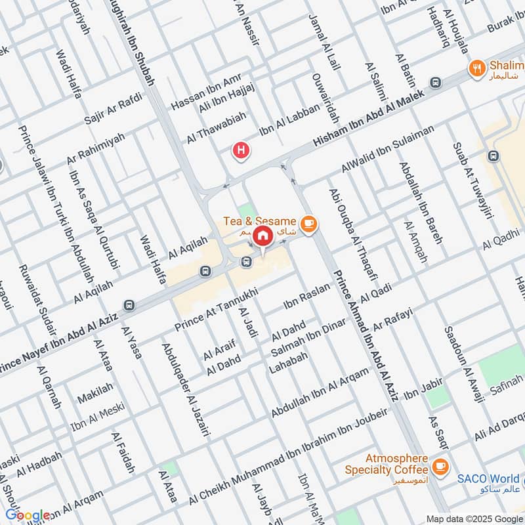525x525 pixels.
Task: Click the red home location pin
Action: pyautogui.click(x=262, y=235)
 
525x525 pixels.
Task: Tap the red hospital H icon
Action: pyautogui.click(x=241, y=152)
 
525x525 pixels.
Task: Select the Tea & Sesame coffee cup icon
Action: pyautogui.click(x=309, y=225)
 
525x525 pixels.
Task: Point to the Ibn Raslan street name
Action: pyautogui.click(x=305, y=298)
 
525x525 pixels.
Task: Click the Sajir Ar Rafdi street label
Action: pyautogui.click(x=113, y=111)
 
